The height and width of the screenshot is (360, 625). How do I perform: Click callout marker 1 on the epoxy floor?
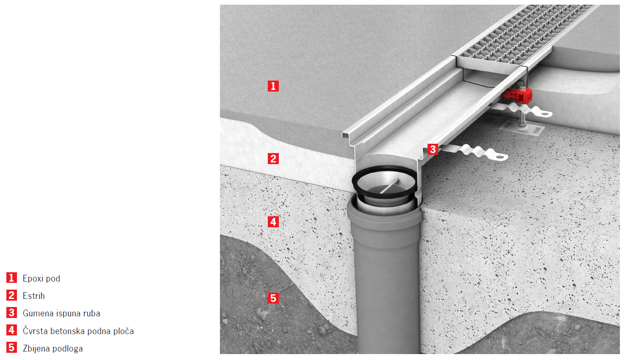[x=273, y=86]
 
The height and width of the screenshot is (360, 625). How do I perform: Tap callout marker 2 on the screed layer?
[x=273, y=159]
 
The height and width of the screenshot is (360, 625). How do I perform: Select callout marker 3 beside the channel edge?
[x=433, y=149]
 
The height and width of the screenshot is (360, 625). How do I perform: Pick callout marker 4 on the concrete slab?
[x=273, y=222]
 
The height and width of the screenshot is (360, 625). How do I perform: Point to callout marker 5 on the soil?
[x=273, y=298]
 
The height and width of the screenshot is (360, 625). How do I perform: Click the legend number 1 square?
[x=11, y=278]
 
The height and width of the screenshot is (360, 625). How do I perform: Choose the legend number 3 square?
[x=11, y=313]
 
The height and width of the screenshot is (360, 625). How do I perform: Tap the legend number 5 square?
[x=11, y=348]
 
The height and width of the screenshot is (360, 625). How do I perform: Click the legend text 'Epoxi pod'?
[x=41, y=279]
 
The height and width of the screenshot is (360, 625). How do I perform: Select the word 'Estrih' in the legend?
[x=34, y=296]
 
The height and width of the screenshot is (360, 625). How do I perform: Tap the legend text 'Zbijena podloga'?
[x=53, y=349]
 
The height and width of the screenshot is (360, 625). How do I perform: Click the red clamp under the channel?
[x=517, y=95]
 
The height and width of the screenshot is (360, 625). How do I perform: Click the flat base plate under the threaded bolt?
[x=522, y=129]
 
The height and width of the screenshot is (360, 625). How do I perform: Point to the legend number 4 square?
[x=11, y=330]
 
